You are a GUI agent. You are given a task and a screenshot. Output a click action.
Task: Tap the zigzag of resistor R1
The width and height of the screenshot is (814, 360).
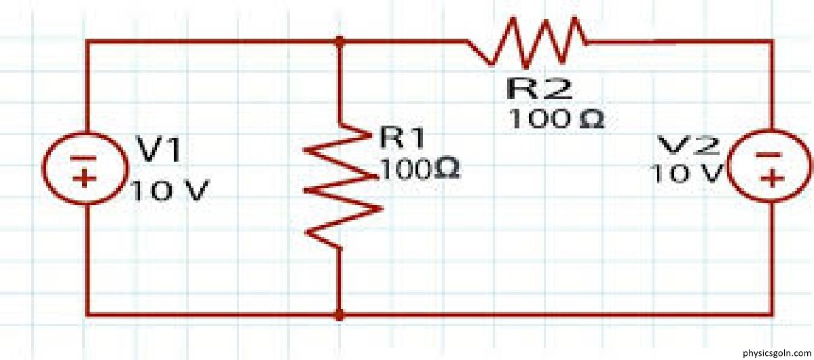coord(340,184)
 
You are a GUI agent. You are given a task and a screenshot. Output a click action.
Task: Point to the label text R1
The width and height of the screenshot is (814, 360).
coord(401,138)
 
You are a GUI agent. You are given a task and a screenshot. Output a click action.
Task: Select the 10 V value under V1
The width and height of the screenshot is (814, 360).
coord(166,192)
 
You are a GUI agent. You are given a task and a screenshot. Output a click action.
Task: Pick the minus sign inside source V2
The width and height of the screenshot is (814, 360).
coord(773,156)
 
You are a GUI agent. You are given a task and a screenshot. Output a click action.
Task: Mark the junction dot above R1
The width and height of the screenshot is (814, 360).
coord(340,41)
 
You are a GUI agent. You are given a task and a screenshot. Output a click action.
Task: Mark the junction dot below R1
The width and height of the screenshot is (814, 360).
coord(340,315)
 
